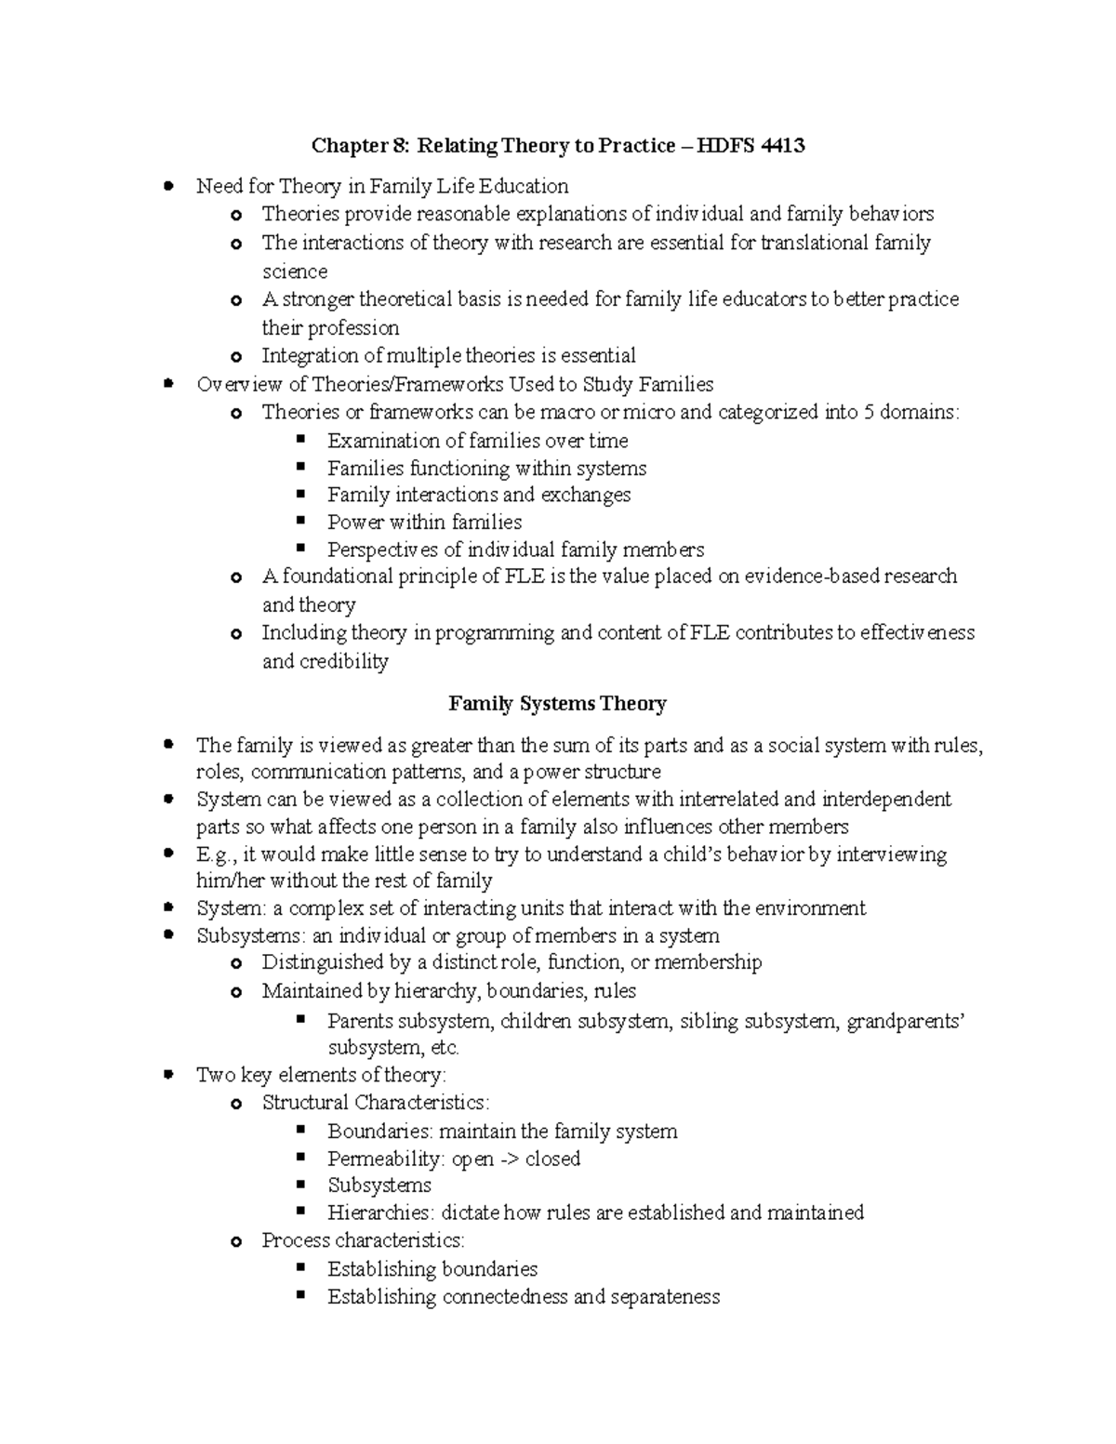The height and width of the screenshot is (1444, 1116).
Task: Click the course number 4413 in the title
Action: [782, 146]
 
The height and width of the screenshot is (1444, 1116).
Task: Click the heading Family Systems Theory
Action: [557, 704]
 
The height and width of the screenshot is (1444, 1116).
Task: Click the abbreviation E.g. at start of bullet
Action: [214, 854]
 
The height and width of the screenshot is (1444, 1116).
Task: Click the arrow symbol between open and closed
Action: [510, 1159]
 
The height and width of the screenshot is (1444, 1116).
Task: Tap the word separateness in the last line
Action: [665, 1297]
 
